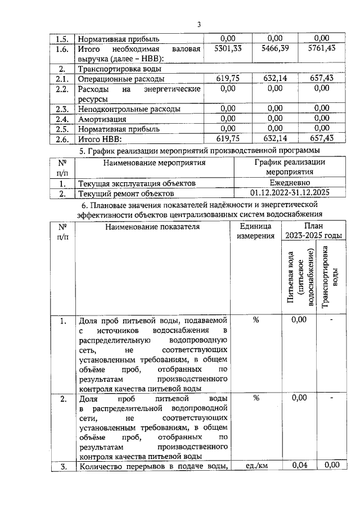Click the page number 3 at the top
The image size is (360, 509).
(199, 24)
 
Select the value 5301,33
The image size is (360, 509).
(228, 49)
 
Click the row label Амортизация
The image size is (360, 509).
(102, 119)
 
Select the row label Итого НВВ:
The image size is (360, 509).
(101, 138)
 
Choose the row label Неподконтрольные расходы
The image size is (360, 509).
(129, 109)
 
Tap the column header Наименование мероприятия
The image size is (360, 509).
(155, 163)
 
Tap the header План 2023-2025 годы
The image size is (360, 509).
(313, 231)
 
